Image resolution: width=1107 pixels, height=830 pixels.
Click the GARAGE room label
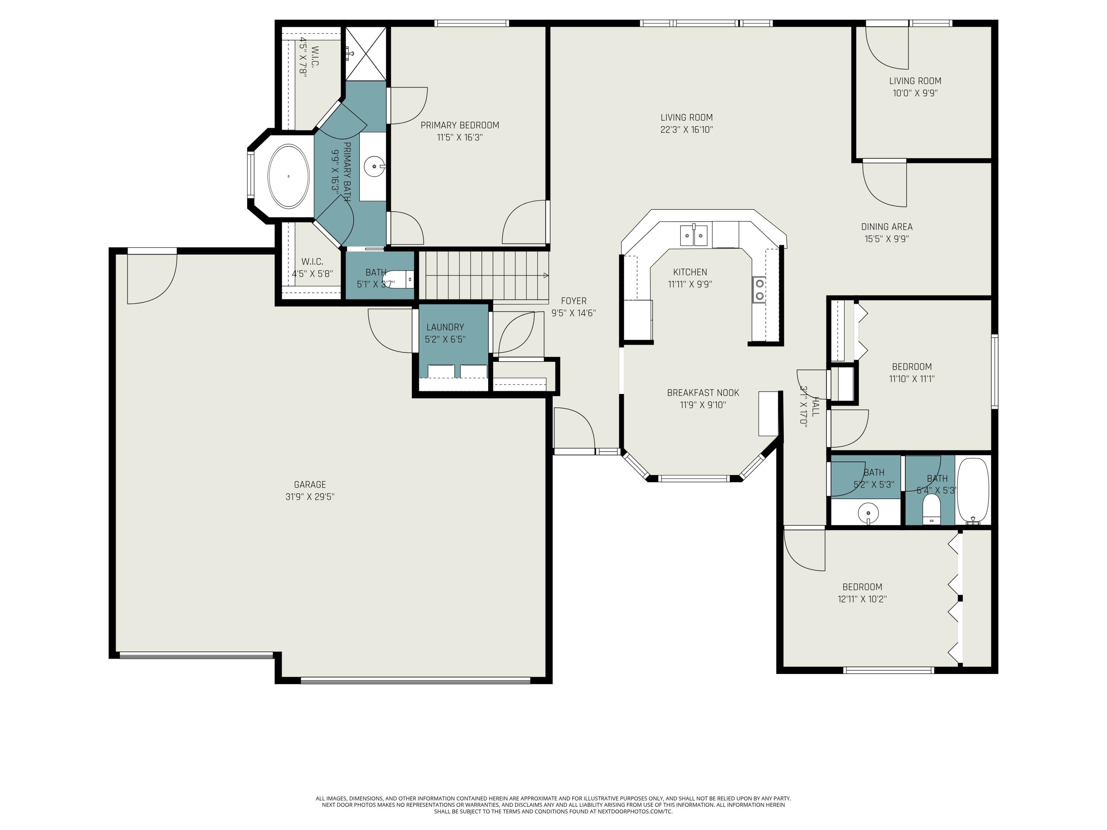(x=310, y=484)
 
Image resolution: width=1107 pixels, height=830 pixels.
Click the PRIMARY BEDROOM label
(x=459, y=125)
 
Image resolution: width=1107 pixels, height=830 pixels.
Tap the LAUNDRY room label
(x=445, y=327)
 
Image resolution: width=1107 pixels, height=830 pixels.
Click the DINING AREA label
(x=887, y=226)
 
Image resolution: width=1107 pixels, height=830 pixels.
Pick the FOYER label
(x=573, y=301)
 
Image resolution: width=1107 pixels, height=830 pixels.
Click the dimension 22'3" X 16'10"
(x=687, y=129)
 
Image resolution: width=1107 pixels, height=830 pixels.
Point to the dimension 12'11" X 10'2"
(x=862, y=599)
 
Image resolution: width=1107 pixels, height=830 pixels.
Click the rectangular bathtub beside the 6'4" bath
(x=973, y=491)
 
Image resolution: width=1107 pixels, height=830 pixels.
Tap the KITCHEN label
(x=690, y=272)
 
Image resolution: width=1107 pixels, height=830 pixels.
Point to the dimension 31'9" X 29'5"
(x=310, y=497)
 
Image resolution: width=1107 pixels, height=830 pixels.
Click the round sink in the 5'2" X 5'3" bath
(x=868, y=513)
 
